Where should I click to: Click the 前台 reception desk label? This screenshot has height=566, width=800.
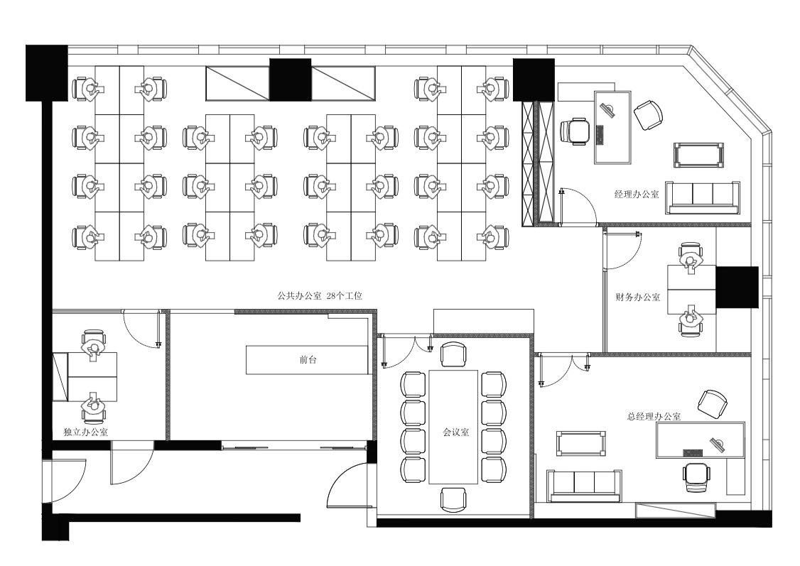point(308,360)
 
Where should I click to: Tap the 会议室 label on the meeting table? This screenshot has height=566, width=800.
point(455,432)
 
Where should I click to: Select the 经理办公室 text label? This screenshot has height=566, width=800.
point(636,195)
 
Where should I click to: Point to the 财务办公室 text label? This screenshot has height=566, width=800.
point(638,297)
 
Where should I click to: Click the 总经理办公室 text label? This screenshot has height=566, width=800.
point(654,416)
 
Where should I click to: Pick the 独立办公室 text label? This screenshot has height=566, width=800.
point(86,432)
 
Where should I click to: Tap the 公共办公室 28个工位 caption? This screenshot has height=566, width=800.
point(320,295)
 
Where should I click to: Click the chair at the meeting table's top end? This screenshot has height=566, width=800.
point(453,354)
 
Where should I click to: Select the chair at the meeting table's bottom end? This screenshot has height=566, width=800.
point(453,499)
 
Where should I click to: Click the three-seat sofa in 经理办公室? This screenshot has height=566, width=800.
point(703,197)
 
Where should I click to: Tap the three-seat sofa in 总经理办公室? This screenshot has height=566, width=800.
point(584,486)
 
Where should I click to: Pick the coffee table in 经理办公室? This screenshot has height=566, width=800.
point(699,156)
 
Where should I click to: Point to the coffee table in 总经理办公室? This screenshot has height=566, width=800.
point(582,443)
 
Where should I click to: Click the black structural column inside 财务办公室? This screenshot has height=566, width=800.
point(737,287)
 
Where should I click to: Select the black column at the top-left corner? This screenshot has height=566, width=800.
point(46,72)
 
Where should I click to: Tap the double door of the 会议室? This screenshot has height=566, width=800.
point(407,350)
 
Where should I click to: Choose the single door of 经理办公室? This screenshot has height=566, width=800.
point(578,207)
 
